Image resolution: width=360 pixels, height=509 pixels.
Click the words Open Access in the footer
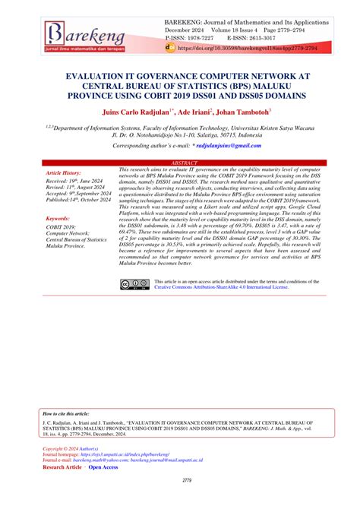[x=103, y=466]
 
